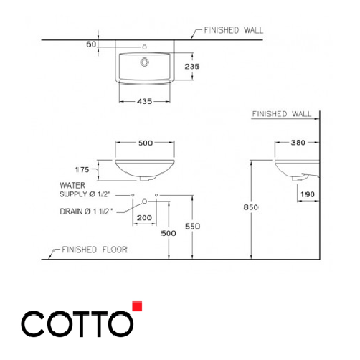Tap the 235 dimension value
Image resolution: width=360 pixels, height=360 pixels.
point(190,66)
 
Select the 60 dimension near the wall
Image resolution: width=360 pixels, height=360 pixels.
point(90,44)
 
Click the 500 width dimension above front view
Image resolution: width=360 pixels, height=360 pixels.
point(146,143)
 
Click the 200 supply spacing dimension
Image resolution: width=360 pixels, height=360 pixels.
point(145,217)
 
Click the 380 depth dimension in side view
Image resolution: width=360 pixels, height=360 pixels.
point(299,143)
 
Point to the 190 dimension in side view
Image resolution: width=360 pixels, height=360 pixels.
point(308,194)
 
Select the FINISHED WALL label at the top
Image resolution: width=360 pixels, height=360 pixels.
point(234,31)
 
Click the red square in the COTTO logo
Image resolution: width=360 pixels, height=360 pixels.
point(138,307)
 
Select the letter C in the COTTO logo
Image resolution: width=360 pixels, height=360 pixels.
point(33,325)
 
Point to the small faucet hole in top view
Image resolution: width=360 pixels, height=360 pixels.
point(146,47)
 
